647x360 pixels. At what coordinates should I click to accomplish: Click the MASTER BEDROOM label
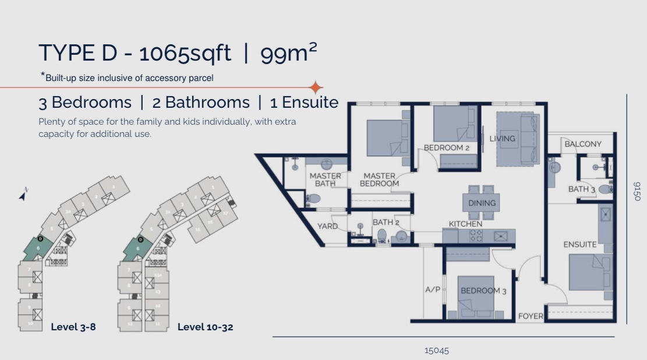379,179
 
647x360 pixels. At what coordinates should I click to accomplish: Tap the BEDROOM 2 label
447,148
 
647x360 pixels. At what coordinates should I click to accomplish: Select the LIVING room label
502,139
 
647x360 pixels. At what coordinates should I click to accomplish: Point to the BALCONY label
583,144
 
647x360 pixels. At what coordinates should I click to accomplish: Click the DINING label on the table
482,203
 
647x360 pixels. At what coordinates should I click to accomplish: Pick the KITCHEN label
465,224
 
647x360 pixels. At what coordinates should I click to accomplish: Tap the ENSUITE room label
580,245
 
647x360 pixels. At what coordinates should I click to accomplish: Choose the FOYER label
531,316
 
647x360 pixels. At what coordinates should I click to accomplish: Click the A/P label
433,289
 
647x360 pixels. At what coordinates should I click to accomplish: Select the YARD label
327,226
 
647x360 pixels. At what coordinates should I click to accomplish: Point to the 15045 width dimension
437,351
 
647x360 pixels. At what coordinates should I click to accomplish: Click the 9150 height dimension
636,191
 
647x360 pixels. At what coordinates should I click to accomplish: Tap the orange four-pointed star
316,87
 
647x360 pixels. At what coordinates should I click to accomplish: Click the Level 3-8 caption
73,327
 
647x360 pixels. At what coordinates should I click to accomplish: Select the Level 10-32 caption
205,327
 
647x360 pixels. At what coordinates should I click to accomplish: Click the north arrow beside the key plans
23,195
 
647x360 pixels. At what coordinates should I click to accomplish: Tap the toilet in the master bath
313,199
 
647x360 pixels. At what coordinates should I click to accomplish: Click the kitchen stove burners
476,235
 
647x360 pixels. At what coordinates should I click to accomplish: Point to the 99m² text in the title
289,53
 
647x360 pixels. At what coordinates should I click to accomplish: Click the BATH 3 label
581,189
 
